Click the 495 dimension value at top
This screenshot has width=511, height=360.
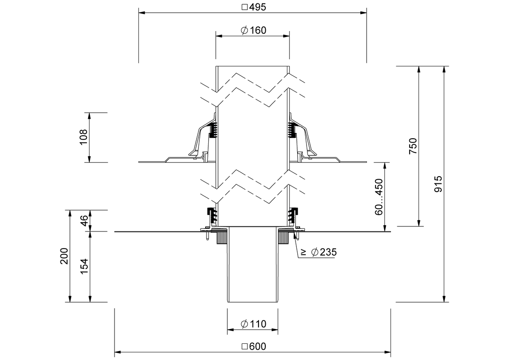[x=258, y=7]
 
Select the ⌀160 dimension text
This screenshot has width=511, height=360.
[x=253, y=30]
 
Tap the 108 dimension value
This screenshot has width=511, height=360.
[x=84, y=137]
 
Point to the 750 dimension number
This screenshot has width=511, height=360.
[x=413, y=146]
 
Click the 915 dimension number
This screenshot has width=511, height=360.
[x=438, y=184]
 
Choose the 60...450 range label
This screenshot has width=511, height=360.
[x=379, y=197]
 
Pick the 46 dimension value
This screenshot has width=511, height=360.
[x=84, y=221]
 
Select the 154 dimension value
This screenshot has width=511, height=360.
[x=84, y=266]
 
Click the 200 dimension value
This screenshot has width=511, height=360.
[x=64, y=256]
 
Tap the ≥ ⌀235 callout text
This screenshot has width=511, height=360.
[x=319, y=252]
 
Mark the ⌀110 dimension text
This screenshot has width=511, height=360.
[x=253, y=324]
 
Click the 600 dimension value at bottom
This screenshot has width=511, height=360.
[x=258, y=346]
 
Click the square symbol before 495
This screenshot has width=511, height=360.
[x=244, y=7]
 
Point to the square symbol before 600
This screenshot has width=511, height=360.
[x=244, y=346]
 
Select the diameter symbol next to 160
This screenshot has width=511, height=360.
[x=244, y=30]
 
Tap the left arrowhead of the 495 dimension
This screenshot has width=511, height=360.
[x=142, y=13]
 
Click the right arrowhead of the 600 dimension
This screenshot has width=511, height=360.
[x=388, y=352]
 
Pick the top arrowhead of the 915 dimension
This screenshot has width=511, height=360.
[x=444, y=69]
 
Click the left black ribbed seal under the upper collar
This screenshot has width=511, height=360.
[x=213, y=130]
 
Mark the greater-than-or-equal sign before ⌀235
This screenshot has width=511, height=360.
[x=304, y=252]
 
